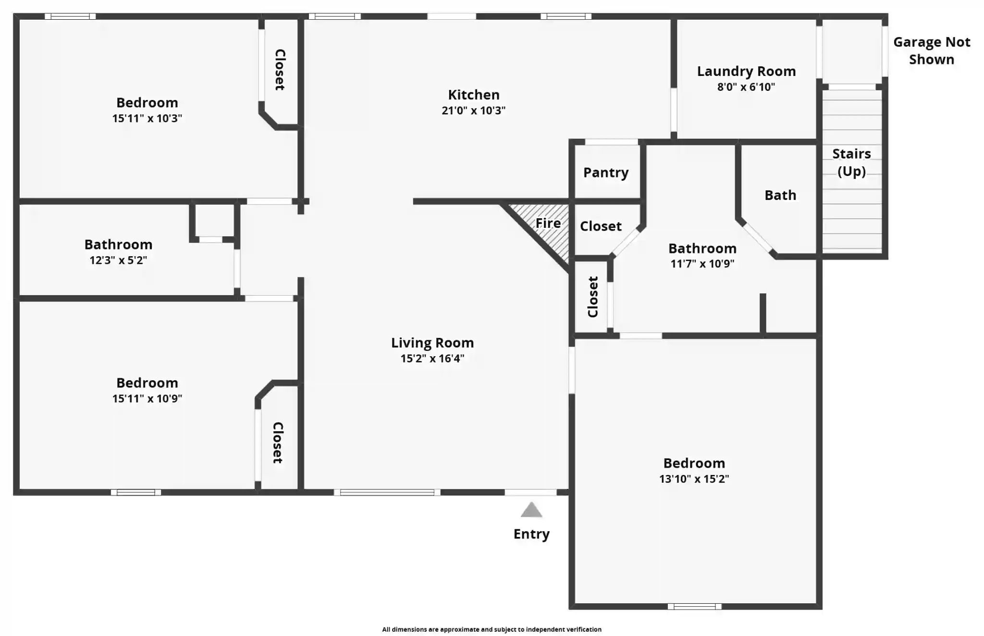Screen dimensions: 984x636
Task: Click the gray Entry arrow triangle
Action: tap(531, 510)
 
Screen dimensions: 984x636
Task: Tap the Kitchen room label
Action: tap(474, 95)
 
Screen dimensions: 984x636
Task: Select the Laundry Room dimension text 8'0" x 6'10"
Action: tap(746, 87)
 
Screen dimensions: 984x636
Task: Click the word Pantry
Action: tap(606, 173)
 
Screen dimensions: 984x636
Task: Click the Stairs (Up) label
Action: tap(851, 162)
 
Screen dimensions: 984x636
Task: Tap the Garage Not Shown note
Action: tap(932, 50)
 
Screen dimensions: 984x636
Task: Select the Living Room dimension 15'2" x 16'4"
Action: tap(432, 358)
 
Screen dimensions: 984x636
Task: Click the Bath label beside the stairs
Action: tap(780, 195)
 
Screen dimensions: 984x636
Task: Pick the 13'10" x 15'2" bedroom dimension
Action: tap(694, 479)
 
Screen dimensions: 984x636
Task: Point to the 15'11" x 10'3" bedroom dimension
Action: tap(147, 118)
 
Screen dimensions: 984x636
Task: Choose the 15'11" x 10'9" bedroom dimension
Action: tap(147, 399)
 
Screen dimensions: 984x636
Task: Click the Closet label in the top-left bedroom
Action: tap(280, 70)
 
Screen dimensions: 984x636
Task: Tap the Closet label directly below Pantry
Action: tap(601, 226)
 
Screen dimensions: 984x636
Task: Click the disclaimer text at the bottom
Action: tap(492, 629)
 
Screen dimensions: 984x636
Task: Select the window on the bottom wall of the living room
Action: tap(387, 492)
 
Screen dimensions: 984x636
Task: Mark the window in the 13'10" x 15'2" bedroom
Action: tap(694, 607)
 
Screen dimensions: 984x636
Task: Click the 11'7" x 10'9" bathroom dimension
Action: tap(702, 263)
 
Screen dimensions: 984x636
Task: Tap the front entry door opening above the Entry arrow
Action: tap(530, 492)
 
